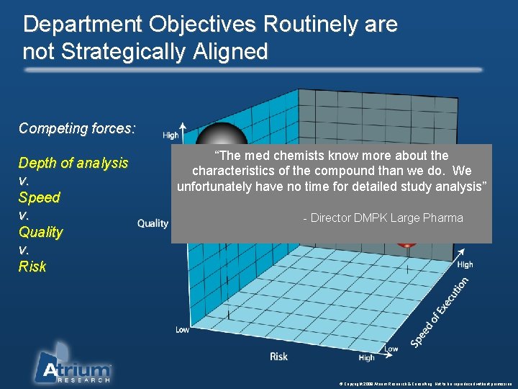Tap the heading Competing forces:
77,129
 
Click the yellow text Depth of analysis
73,163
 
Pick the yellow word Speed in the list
40,197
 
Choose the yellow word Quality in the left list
41,232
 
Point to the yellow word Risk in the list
32,267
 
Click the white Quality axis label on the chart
153,223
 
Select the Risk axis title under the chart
278,356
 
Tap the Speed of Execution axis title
440,314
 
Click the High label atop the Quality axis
171,135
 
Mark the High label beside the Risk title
366,357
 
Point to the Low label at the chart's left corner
183,330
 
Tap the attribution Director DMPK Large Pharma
383,218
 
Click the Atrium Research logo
74,364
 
